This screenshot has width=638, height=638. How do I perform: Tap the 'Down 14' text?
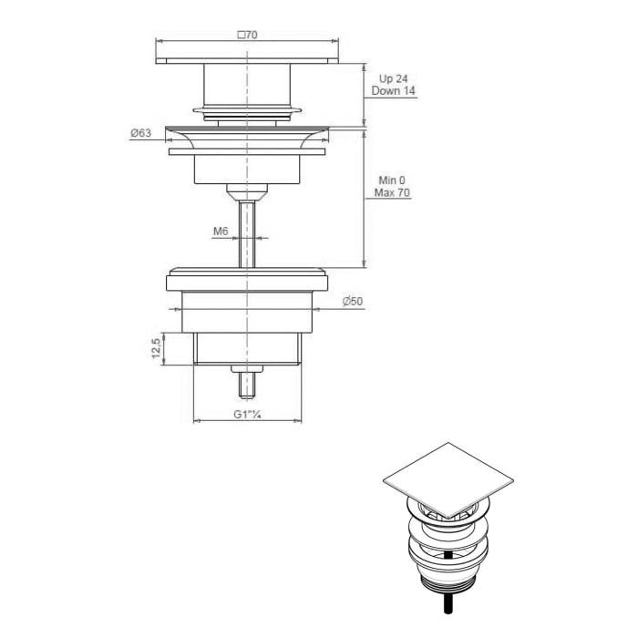393,92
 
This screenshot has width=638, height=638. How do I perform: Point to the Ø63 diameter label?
140,133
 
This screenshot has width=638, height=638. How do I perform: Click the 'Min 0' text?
389,180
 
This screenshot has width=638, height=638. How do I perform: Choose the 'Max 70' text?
392,193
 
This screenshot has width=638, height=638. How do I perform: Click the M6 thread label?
220,232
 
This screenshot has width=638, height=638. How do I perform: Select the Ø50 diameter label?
354,302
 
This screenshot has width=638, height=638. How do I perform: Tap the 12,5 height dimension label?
156,349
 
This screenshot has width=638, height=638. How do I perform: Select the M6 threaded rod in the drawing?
247,232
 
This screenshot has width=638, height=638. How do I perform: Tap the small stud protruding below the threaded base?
247,382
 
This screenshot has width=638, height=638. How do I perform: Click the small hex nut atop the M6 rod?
247,191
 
